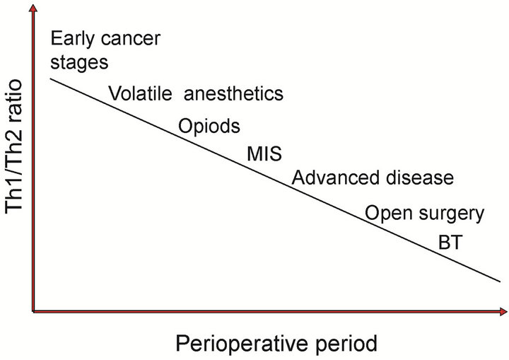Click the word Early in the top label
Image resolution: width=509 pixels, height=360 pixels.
(72, 40)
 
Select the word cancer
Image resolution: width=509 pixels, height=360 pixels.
(131, 39)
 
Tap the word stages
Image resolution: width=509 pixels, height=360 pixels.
(79, 63)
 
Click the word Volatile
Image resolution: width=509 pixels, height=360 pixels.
(140, 93)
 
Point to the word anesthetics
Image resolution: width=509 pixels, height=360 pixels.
(234, 93)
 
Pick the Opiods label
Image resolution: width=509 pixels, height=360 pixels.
(209, 127)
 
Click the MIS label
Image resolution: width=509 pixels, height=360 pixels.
(264, 153)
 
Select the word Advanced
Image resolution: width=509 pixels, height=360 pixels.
(335, 178)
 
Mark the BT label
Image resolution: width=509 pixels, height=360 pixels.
(450, 243)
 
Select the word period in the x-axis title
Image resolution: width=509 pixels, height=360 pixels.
(346, 344)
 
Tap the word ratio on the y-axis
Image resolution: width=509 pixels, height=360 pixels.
(13, 101)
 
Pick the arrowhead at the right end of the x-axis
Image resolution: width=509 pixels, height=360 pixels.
(503, 312)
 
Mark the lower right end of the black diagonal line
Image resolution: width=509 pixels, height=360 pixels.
(501, 281)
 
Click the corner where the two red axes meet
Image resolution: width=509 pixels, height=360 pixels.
(33, 312)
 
